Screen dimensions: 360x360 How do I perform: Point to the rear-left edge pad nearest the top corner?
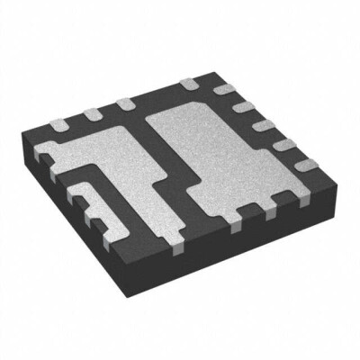[189, 84]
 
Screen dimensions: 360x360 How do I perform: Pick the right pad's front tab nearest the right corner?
[274, 216]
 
